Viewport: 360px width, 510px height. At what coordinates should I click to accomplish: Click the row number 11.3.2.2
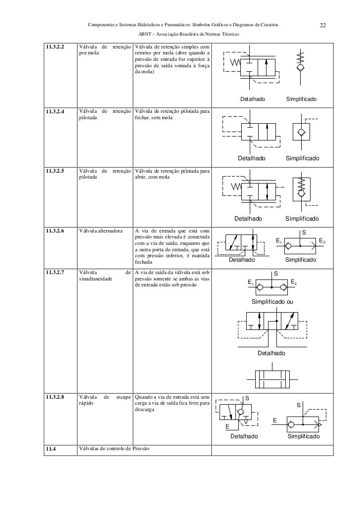tap(56, 47)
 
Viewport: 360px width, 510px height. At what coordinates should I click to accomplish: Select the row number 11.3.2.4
tap(56, 111)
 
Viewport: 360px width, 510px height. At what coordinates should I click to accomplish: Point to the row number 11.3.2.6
tap(56, 231)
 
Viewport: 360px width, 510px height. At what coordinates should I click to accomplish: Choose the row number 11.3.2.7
tap(56, 273)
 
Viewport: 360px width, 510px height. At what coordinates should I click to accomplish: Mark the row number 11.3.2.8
tap(56, 397)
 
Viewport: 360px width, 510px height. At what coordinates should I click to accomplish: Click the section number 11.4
tap(50, 449)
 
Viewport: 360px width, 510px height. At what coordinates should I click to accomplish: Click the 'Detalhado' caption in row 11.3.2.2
tap(252, 100)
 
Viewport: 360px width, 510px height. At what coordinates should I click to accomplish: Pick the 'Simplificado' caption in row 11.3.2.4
tap(302, 158)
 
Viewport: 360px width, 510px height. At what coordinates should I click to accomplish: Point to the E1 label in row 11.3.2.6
tap(279, 242)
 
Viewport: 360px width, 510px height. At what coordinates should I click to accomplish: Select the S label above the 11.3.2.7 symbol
tap(276, 274)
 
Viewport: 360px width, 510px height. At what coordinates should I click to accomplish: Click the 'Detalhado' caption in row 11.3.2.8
tap(244, 437)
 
